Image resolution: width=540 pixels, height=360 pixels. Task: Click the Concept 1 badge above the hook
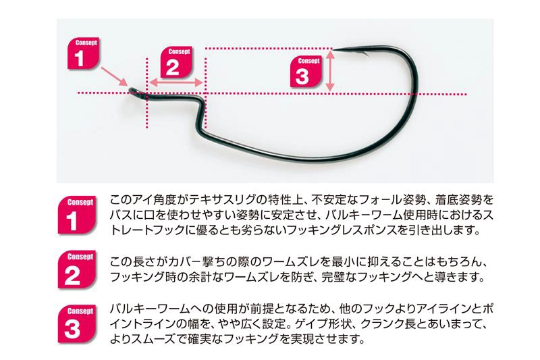coord(84,53)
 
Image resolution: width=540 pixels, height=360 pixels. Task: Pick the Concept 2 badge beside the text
coord(76,268)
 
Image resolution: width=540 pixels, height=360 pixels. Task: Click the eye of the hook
coord(135,91)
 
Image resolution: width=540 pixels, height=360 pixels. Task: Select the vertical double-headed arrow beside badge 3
coord(330,69)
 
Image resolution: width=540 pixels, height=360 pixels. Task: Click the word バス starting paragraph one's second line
coord(119,216)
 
